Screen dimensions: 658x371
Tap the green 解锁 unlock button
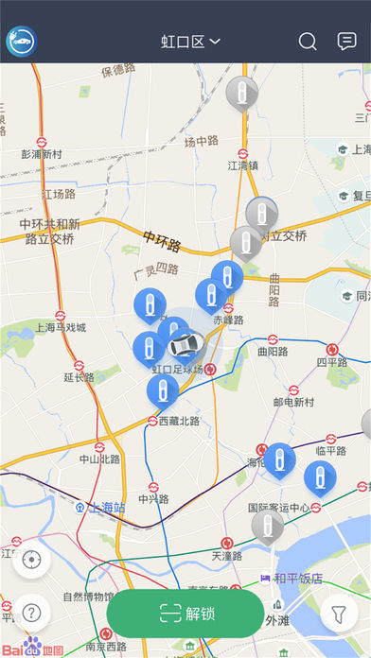click(185, 613)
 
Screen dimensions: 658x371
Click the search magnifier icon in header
click(308, 42)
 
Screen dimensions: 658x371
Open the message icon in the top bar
click(346, 42)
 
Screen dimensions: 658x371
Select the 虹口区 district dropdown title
click(190, 42)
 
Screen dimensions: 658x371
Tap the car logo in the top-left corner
click(21, 42)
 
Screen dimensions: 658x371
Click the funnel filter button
click(338, 614)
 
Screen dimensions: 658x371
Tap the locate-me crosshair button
click(32, 560)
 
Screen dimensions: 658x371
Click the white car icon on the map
click(184, 343)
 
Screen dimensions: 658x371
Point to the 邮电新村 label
click(293, 402)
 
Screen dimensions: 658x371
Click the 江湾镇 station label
click(243, 164)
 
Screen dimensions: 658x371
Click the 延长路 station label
click(79, 377)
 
